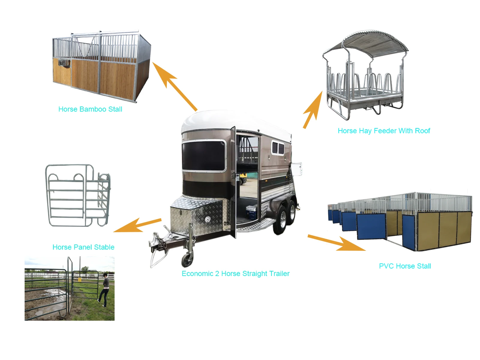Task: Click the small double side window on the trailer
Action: (278, 148)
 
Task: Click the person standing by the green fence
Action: (105, 289)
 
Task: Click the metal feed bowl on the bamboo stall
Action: (64, 63)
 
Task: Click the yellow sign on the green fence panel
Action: (79, 280)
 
